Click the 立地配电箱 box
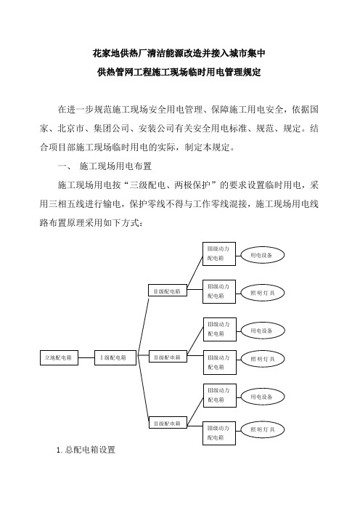click(x=59, y=357)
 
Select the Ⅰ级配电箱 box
click(x=115, y=357)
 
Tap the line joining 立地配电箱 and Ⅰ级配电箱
click(x=86, y=357)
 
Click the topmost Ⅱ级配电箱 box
click(x=168, y=291)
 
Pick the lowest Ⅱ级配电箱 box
click(x=168, y=423)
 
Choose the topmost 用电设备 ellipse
click(x=262, y=255)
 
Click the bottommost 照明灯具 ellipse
click(x=262, y=429)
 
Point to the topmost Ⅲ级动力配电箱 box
click(x=219, y=254)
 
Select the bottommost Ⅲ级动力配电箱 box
click(x=219, y=433)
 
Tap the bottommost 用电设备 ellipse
click(x=263, y=397)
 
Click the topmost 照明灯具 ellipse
click(x=262, y=293)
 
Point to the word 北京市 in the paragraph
click(x=71, y=129)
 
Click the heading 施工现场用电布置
click(x=115, y=166)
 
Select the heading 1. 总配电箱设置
click(x=86, y=450)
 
